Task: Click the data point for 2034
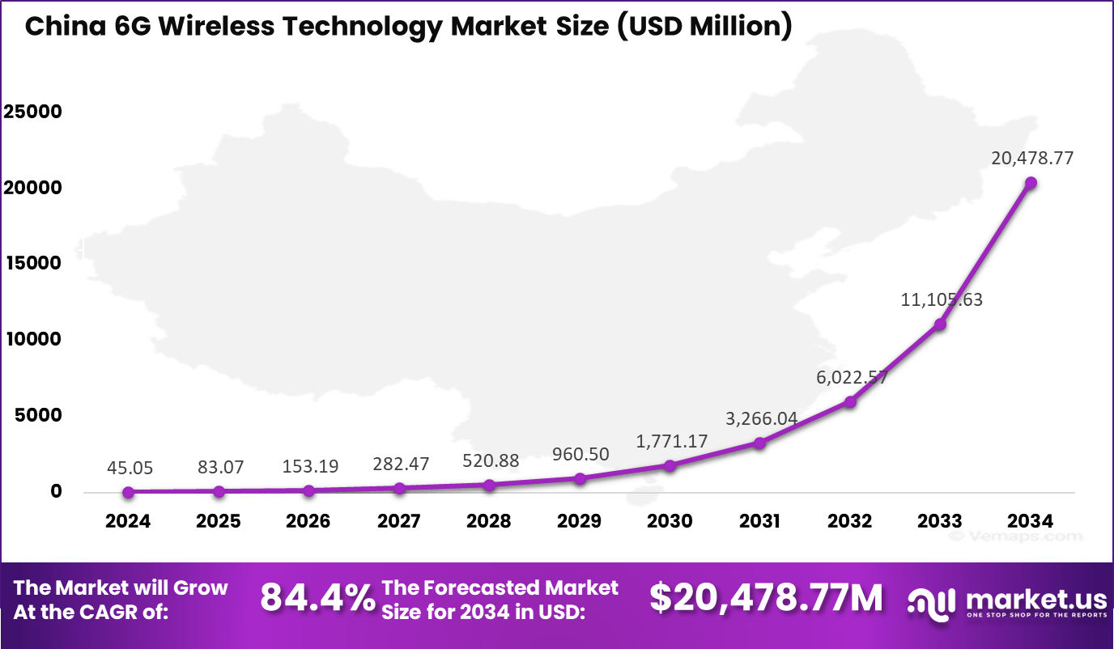[1031, 183]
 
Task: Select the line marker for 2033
[940, 324]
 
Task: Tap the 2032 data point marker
[850, 401]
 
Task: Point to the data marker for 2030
[670, 465]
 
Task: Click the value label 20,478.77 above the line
[1032, 159]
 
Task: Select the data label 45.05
[130, 468]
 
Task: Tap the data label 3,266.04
[761, 419]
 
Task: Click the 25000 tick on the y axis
[32, 112]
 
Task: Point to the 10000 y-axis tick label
[32, 339]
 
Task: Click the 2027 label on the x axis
[398, 521]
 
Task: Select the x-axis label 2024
[128, 521]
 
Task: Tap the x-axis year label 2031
[759, 521]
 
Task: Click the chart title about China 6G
[408, 27]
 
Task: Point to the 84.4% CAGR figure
[317, 599]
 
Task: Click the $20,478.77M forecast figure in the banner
[766, 599]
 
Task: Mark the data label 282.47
[401, 464]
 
